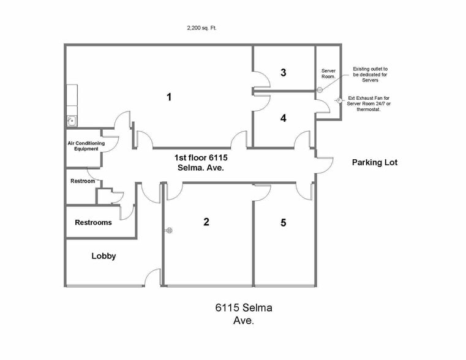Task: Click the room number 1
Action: pyautogui.click(x=170, y=97)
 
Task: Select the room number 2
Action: pyautogui.click(x=206, y=222)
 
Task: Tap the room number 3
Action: pyautogui.click(x=283, y=73)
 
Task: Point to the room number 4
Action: pyautogui.click(x=283, y=118)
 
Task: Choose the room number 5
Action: pyautogui.click(x=283, y=223)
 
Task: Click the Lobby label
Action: pyautogui.click(x=103, y=256)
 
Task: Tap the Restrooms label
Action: pyautogui.click(x=93, y=223)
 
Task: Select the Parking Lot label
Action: pyautogui.click(x=375, y=162)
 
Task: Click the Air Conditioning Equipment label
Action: pyautogui.click(x=86, y=146)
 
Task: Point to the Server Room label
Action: pyautogui.click(x=328, y=74)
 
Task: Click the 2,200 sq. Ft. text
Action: pyautogui.click(x=201, y=28)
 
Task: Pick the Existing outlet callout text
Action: pyautogui.click(x=370, y=75)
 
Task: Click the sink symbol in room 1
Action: pyautogui.click(x=72, y=120)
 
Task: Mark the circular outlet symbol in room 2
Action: pyautogui.click(x=169, y=230)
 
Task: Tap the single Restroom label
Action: pyautogui.click(x=83, y=181)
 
